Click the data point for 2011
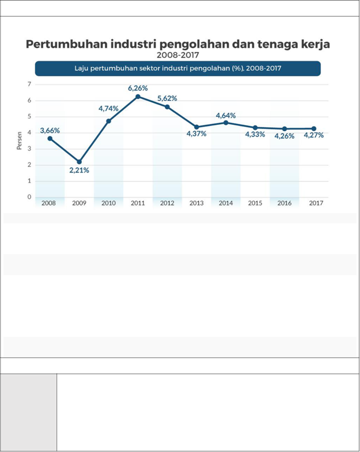pyautogui.click(x=138, y=96)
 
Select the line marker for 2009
pyautogui.click(x=79, y=162)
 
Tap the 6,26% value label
pyautogui.click(x=138, y=88)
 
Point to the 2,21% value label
pyautogui.click(x=79, y=170)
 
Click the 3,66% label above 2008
pyautogui.click(x=50, y=131)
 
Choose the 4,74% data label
pyautogui.click(x=108, y=108)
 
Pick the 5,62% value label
pyautogui.click(x=167, y=98)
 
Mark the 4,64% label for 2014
pyautogui.click(x=226, y=116)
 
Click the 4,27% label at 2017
pyautogui.click(x=313, y=136)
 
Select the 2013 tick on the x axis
pyautogui.click(x=196, y=203)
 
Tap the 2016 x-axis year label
pyautogui.click(x=284, y=203)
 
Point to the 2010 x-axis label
pyautogui.click(x=108, y=203)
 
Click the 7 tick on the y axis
pyautogui.click(x=29, y=85)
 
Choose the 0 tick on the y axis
pyautogui.click(x=29, y=197)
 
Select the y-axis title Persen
pyautogui.click(x=19, y=141)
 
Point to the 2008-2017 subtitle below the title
pyautogui.click(x=177, y=55)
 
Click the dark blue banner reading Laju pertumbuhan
pyautogui.click(x=177, y=69)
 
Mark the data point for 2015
pyautogui.click(x=255, y=127)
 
